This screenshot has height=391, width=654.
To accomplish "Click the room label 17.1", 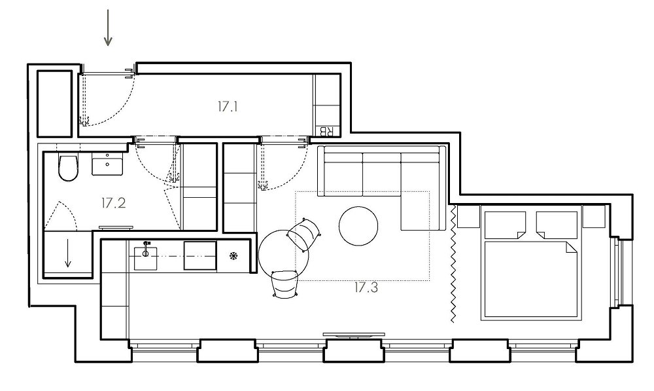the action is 228,107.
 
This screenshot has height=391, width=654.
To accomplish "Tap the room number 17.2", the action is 113,203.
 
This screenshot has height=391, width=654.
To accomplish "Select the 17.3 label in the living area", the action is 366,288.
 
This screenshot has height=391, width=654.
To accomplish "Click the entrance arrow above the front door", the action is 108,28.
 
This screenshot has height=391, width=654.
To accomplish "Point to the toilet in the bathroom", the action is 68,168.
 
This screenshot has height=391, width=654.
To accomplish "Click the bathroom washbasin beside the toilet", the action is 108,164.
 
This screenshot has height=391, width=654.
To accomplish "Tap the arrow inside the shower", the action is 68,253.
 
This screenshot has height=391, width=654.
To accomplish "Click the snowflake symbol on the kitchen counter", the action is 233,255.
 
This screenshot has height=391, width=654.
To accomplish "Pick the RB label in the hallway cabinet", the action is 326,131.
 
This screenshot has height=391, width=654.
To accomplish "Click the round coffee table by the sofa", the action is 358,226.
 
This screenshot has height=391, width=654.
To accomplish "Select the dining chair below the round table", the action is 285,284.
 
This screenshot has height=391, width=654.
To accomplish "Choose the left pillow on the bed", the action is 505,225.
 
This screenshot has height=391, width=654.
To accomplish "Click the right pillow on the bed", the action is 557,225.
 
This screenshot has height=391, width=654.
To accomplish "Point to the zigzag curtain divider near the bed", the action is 453,263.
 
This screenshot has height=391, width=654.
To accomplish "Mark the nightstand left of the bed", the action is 468,216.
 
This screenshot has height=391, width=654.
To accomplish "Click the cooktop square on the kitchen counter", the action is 200,255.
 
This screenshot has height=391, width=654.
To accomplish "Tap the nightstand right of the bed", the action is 593,216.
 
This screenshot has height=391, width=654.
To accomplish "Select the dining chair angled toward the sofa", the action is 305,234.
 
